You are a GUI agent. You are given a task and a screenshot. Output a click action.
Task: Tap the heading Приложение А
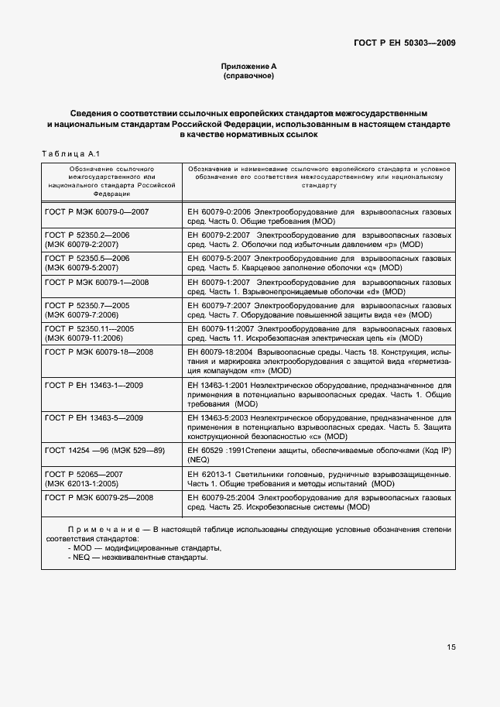248,67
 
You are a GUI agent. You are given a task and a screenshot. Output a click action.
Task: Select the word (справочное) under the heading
248,77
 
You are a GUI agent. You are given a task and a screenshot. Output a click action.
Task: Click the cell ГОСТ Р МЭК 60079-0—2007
97,211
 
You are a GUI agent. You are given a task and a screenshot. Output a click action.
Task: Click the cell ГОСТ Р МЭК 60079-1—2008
97,282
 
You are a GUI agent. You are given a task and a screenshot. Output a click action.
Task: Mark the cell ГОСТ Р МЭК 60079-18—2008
99,352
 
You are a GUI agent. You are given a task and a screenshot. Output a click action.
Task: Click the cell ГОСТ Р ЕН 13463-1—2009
94,384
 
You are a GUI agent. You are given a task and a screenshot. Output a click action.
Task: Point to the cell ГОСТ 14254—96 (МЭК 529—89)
101,450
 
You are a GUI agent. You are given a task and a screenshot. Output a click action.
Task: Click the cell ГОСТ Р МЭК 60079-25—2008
99,497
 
